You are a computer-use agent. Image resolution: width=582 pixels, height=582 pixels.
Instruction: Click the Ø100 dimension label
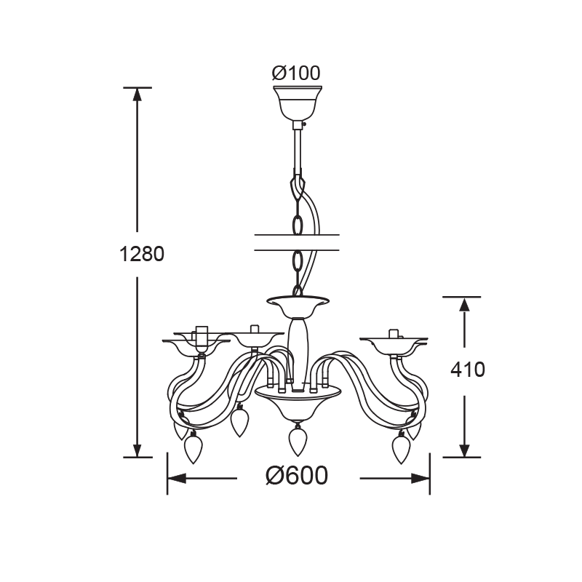tap(296, 73)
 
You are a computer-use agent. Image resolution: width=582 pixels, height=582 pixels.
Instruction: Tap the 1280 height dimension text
tap(141, 254)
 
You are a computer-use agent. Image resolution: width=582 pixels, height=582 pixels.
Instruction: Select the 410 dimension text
tap(468, 370)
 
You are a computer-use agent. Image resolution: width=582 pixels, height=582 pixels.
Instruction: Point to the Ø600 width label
tap(297, 476)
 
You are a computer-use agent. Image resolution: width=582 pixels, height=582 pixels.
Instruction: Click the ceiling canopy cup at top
tap(298, 103)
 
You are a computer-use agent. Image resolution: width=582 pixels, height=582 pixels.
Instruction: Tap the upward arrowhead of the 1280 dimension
tap(137, 95)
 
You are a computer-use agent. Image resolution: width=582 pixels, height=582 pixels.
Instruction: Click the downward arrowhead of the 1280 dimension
tap(137, 450)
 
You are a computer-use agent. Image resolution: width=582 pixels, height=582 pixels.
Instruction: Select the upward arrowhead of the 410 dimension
tap(464, 304)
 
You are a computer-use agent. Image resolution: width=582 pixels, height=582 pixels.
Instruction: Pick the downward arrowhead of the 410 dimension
tap(464, 450)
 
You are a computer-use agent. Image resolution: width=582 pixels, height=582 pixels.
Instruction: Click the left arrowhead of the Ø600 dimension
tap(176, 479)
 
